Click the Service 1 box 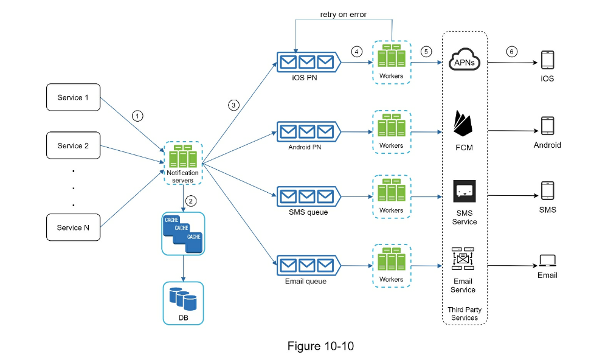[74, 97]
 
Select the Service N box [74, 227]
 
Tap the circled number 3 [233, 105]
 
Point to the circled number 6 [511, 52]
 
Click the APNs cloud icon [464, 60]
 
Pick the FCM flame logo [463, 123]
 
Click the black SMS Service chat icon [464, 191]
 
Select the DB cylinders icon [183, 299]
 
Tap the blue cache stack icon [183, 234]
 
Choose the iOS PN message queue [309, 62]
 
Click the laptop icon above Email [547, 261]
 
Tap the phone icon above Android [548, 126]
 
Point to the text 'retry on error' [343, 15]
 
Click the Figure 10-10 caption [320, 346]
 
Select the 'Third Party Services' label [465, 313]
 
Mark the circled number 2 [191, 201]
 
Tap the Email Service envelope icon [463, 258]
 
